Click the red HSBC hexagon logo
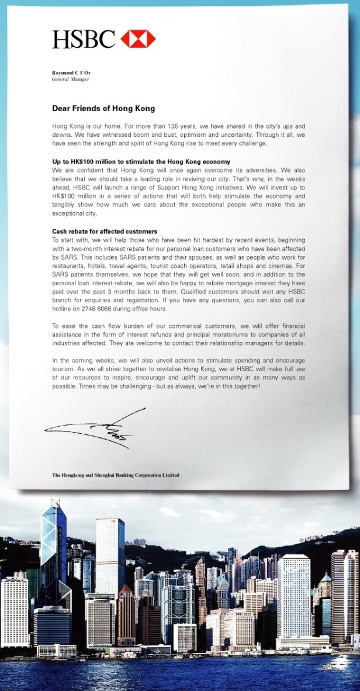click(x=138, y=39)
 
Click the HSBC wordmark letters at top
click(x=84, y=39)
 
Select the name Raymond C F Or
click(x=71, y=72)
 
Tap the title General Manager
click(x=69, y=78)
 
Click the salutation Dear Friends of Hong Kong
click(x=103, y=108)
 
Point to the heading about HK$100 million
click(x=141, y=161)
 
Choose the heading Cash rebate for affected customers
click(x=105, y=232)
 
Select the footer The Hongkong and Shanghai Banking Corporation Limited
click(x=116, y=475)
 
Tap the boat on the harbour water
click(x=338, y=661)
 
